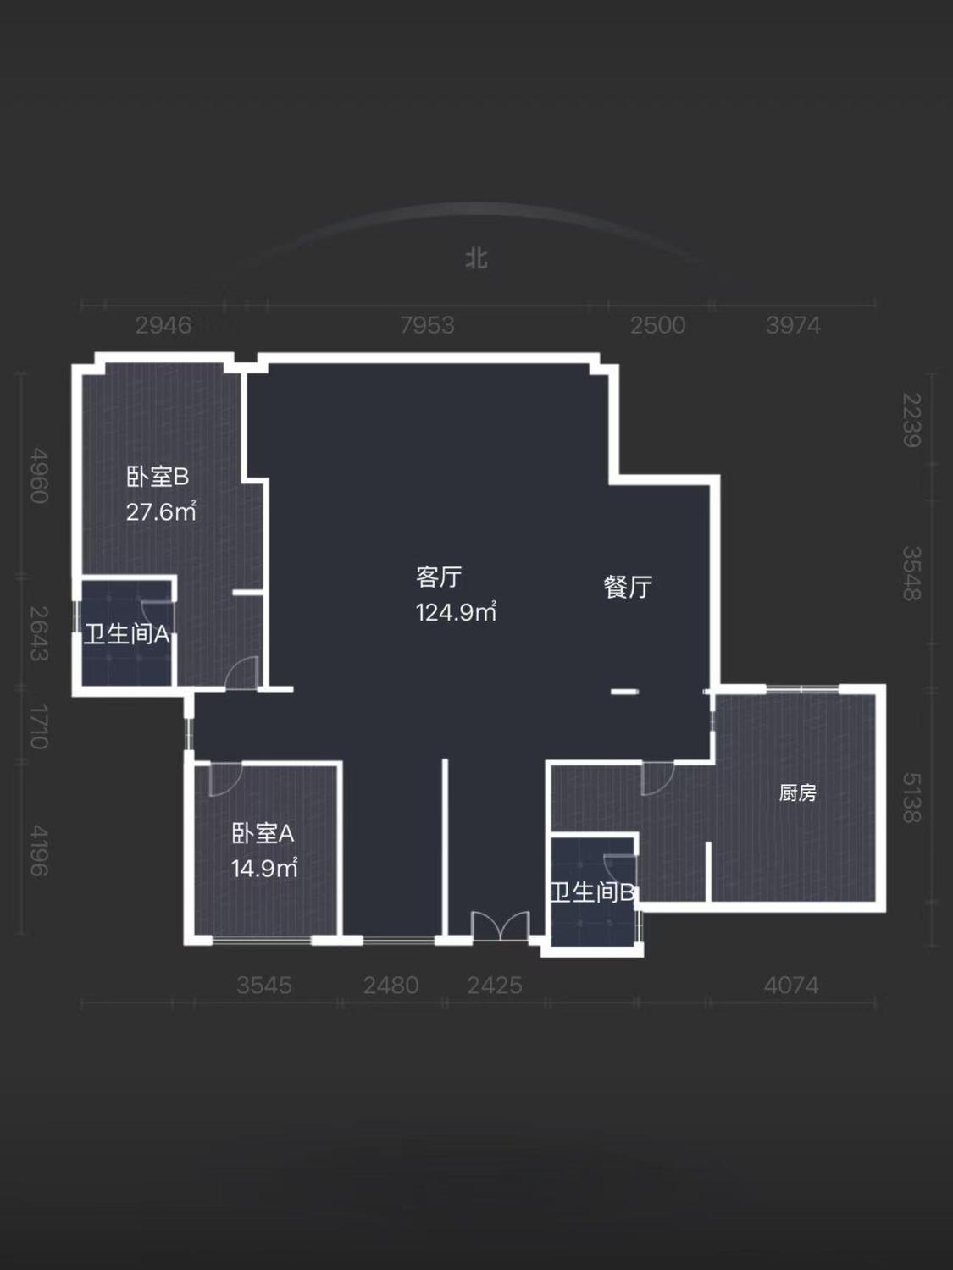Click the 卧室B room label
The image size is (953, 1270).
pos(158,478)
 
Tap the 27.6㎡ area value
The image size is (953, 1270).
pos(161,512)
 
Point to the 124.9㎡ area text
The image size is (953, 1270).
pos(456,611)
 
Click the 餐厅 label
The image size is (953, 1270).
pos(628,587)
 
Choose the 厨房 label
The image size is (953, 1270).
pos(797,792)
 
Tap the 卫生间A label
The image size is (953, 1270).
pos(127,634)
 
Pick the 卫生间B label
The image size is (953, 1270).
pos(592,892)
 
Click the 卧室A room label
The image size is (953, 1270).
pos(263,834)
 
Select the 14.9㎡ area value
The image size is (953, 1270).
pos(264,869)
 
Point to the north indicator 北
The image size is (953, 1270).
pos(476,258)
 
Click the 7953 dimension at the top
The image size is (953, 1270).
pos(427,325)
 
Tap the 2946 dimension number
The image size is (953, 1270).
pos(163,325)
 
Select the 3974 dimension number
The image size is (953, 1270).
pos(793,325)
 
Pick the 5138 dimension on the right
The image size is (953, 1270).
pos(911,798)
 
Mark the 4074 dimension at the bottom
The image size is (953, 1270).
pos(791,986)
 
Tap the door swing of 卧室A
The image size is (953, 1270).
pos(225,779)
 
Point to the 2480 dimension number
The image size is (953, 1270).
pos(391,986)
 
